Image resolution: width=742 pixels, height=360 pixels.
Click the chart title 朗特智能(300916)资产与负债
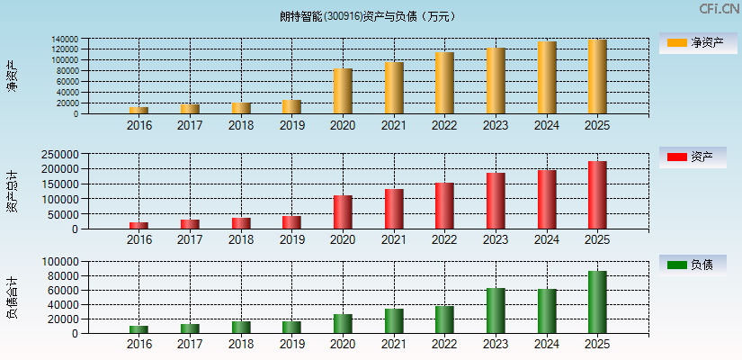click(x=368, y=15)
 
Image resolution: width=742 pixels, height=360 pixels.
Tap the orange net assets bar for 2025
click(x=597, y=76)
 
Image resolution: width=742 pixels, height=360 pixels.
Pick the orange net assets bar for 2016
click(x=139, y=110)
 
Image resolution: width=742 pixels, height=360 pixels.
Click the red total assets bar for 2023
click(x=496, y=201)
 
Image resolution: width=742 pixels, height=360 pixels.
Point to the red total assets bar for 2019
click(x=291, y=221)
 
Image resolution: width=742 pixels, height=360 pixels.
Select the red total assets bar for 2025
click(x=597, y=194)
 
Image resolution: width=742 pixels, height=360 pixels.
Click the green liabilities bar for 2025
click(x=597, y=301)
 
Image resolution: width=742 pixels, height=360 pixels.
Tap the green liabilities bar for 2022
click(x=444, y=319)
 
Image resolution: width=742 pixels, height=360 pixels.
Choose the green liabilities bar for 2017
click(x=190, y=328)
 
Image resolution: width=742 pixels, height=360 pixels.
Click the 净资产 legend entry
click(x=693, y=42)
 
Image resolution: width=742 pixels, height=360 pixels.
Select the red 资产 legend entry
click(x=693, y=157)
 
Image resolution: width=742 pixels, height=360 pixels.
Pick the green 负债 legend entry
click(x=693, y=265)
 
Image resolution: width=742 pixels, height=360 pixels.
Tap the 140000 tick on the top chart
click(x=64, y=40)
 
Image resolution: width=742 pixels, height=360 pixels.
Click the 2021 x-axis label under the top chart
click(x=393, y=124)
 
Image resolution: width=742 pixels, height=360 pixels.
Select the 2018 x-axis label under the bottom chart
click(x=240, y=344)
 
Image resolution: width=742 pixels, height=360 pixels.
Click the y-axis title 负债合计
click(x=12, y=297)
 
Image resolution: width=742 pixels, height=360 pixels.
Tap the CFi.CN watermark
click(x=720, y=8)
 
